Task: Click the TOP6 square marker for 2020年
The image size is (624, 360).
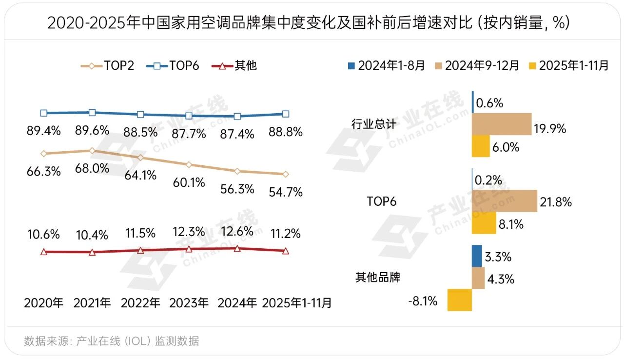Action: (x=44, y=113)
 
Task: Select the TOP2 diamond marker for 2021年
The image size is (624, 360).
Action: (x=92, y=151)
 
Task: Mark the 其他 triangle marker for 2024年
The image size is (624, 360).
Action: (x=237, y=248)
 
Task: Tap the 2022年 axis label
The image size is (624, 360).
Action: (x=140, y=303)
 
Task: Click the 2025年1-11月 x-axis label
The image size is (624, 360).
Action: (x=297, y=303)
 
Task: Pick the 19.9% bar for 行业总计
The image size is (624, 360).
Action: (x=502, y=124)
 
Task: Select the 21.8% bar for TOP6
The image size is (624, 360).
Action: (x=505, y=201)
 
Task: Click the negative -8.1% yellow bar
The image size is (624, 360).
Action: (x=459, y=300)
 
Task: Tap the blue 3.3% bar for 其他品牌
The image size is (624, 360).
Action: (x=477, y=256)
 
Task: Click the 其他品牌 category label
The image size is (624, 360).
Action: (x=378, y=278)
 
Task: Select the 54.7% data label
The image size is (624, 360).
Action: (x=286, y=192)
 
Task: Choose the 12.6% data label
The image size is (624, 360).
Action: (x=237, y=231)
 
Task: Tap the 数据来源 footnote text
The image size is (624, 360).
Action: (x=112, y=341)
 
